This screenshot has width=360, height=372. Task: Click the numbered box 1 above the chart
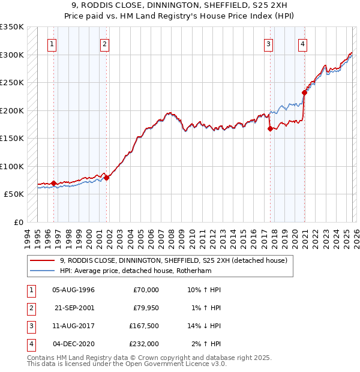tap(53, 43)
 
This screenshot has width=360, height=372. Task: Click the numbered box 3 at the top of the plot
tap(269, 43)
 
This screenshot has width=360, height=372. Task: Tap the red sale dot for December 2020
tap(304, 93)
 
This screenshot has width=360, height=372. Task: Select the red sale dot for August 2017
tap(270, 128)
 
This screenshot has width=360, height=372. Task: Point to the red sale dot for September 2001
tap(107, 178)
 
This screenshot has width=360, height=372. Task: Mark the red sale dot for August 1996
tap(53, 183)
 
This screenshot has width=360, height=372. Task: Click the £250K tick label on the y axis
tap(12, 83)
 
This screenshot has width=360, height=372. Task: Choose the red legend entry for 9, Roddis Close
tap(174, 260)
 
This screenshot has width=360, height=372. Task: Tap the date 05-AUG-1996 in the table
tap(74, 290)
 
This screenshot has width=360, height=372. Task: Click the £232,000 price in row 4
tap(144, 344)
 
